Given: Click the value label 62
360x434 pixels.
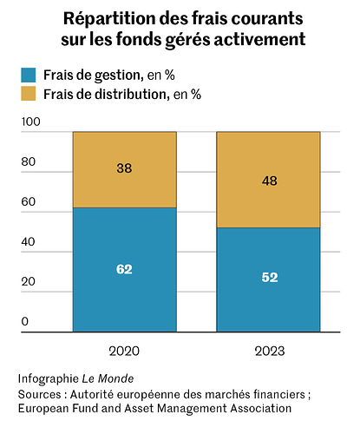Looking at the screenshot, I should (124, 269).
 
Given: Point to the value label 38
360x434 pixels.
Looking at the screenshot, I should (124, 169).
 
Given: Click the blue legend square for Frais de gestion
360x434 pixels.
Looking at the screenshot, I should (29, 75).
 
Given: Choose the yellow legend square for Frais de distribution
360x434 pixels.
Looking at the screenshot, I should (29, 94).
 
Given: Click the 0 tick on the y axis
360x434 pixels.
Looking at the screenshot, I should (24, 322).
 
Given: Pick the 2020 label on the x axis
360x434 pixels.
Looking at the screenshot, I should (124, 352).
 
